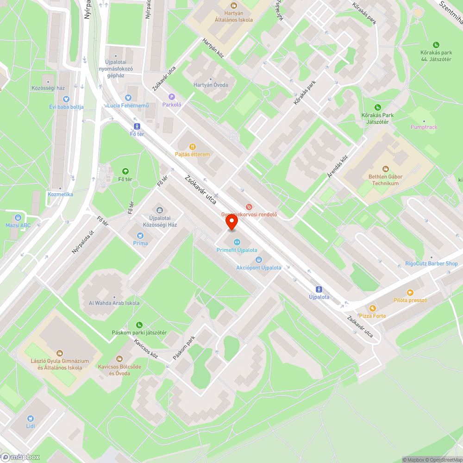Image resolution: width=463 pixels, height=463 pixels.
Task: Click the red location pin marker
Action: tap(231, 223)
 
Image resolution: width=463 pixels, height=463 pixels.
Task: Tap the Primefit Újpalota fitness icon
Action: tap(237, 242)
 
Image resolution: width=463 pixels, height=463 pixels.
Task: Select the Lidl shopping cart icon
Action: tap(31, 418)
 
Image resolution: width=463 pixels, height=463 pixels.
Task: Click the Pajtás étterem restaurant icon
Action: tap(193, 146)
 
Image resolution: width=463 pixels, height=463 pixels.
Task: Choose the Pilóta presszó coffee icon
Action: tap(410, 292)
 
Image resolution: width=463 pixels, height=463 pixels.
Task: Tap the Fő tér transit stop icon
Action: tap(137, 126)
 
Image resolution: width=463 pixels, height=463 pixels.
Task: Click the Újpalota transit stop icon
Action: tap(319, 289)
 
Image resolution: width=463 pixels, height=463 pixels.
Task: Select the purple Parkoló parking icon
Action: tap(172, 96)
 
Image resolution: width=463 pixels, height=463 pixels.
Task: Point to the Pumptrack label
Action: tap(424, 127)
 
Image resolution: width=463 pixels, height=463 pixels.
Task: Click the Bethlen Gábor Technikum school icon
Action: tap(386, 169)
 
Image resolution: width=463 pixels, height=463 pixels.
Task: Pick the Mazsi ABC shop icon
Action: tap(18, 218)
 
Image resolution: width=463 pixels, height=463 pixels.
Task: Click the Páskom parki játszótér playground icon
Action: tap(139, 325)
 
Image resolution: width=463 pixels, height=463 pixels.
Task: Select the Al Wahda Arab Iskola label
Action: tap(114, 303)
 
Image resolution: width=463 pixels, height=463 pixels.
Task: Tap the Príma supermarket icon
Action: tap(140, 235)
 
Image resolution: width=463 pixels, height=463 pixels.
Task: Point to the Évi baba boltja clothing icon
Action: tap(66, 99)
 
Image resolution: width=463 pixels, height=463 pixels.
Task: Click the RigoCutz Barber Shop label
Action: tap(431, 264)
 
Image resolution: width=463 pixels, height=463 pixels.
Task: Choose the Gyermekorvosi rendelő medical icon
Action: tap(249, 206)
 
